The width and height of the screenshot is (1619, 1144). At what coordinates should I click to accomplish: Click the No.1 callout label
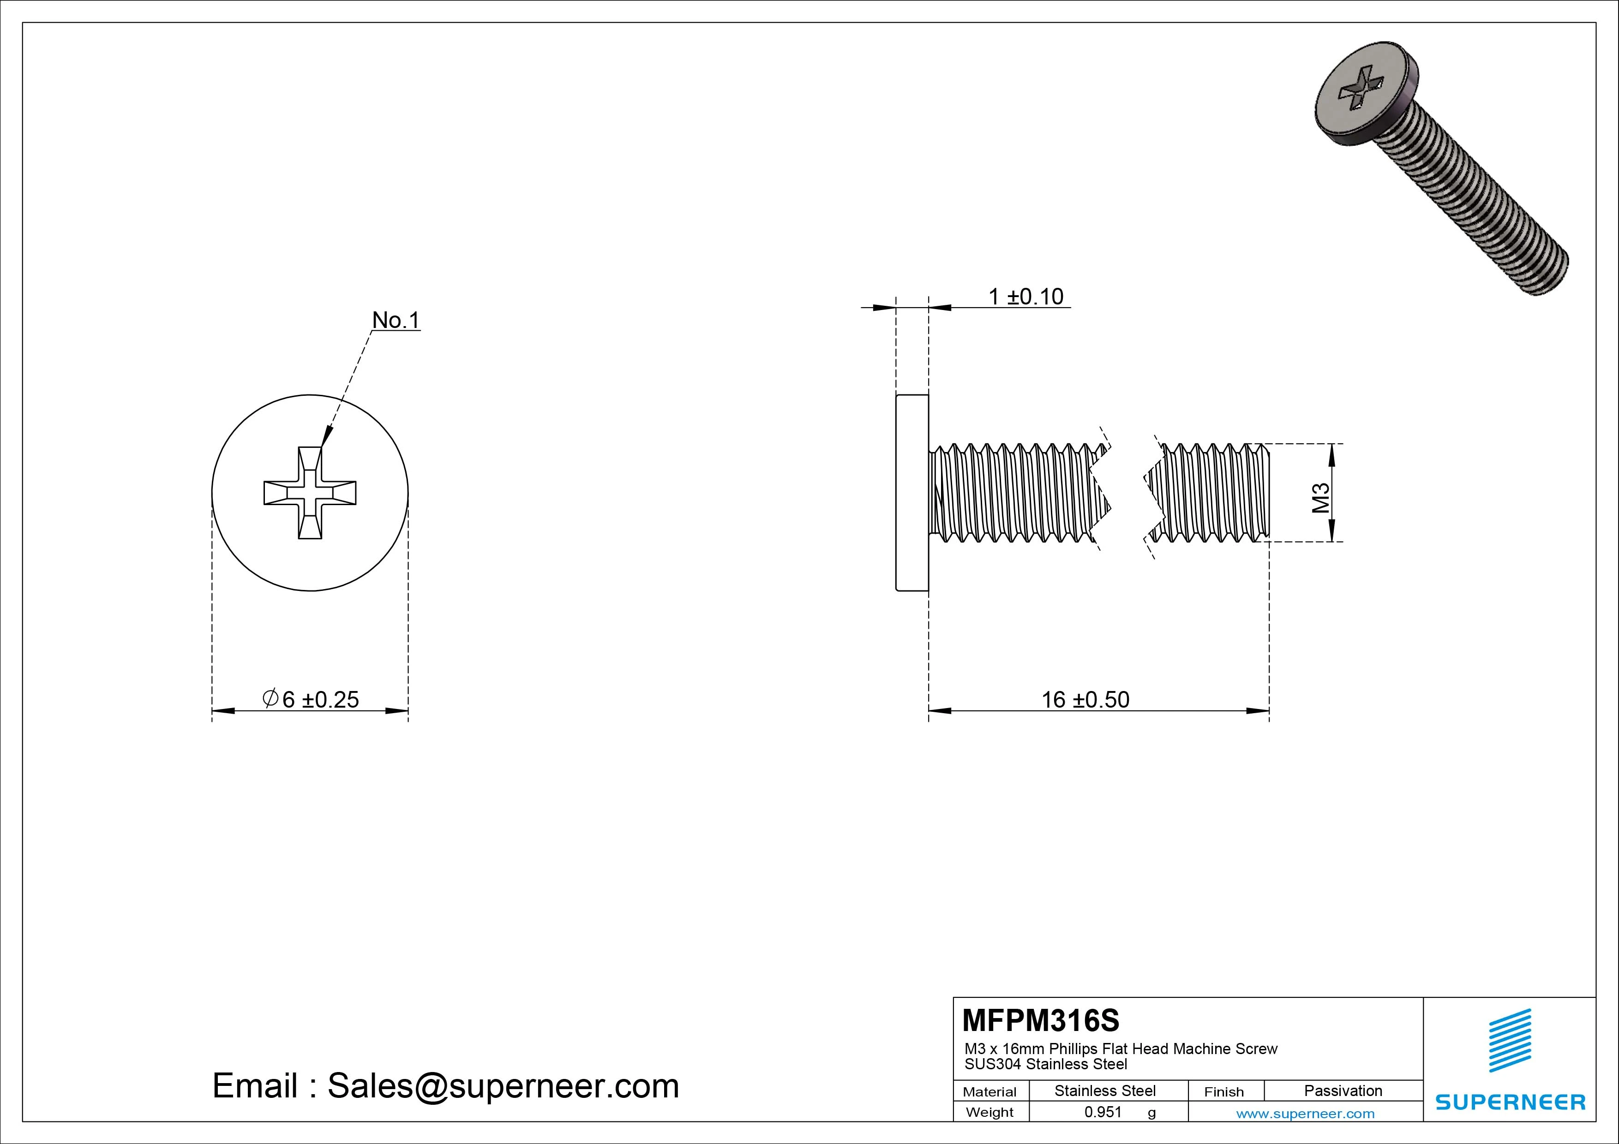396,320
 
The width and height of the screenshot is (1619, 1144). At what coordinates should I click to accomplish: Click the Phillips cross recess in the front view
310,493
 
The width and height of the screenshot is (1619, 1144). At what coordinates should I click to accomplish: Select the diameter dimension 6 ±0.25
311,699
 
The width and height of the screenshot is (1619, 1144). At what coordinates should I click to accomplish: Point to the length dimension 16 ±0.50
1085,699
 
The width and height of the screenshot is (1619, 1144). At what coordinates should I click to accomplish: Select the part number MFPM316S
1040,1020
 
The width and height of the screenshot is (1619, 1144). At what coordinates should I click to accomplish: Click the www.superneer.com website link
1305,1114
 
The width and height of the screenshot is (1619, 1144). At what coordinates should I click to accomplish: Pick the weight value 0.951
1103,1112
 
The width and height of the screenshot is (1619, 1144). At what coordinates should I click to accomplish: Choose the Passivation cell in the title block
1343,1090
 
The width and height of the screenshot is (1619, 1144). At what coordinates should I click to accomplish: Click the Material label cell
989,1092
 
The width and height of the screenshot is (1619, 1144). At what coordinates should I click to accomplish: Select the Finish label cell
1223,1092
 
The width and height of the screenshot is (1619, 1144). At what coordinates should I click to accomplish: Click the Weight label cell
989,1112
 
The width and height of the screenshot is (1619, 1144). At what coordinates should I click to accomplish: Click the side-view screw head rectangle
912,493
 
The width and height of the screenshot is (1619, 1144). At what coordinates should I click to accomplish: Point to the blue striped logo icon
1510,1040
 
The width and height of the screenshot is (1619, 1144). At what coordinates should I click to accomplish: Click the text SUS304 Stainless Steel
1046,1064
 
